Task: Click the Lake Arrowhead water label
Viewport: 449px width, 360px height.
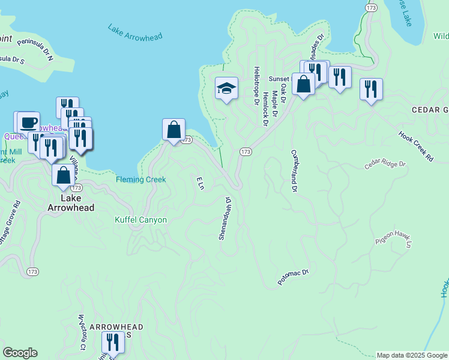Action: pyautogui.click(x=135, y=32)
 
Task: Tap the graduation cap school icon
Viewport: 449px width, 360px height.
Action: pyautogui.click(x=226, y=89)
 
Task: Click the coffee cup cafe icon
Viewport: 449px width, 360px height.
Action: pyautogui.click(x=28, y=122)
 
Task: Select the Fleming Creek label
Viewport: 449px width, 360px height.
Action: pyautogui.click(x=140, y=179)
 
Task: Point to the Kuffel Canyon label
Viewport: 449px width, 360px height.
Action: pyautogui.click(x=140, y=220)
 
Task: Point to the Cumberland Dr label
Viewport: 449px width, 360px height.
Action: pyautogui.click(x=294, y=171)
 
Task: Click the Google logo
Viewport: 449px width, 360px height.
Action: pyautogui.click(x=20, y=353)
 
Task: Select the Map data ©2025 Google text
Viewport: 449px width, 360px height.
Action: pyautogui.click(x=411, y=355)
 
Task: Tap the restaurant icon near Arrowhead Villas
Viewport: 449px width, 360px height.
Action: pyautogui.click(x=112, y=342)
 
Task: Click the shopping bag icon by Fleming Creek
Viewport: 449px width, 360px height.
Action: pyautogui.click(x=173, y=130)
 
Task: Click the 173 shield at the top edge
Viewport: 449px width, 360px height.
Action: pyautogui.click(x=370, y=6)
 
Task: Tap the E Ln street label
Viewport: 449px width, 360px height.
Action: pyautogui.click(x=200, y=183)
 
